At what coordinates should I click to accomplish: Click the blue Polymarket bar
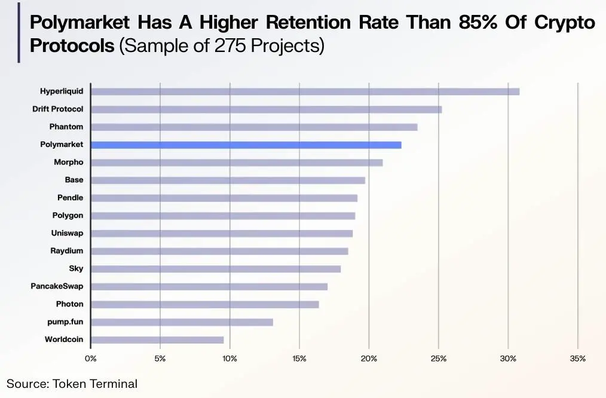pos(246,145)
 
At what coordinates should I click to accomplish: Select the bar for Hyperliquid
pos(305,91)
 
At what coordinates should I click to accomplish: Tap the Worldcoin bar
pos(157,339)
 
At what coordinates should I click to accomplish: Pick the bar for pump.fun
pos(182,322)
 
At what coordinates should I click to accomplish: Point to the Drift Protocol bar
pos(266,109)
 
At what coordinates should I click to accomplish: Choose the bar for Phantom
pos(254,127)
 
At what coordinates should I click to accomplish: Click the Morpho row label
pos(68,162)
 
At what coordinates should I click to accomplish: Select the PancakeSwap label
pos(57,286)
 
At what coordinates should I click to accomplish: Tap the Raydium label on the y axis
pos(66,251)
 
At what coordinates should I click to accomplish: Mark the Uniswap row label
pos(67,233)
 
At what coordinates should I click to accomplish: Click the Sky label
pos(76,268)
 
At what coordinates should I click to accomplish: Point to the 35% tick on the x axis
pos(577,359)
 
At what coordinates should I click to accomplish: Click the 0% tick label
pos(91,359)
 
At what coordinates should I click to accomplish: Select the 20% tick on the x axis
pos(369,359)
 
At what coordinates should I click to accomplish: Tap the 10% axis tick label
pos(229,359)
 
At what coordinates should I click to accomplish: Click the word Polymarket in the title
pos(80,23)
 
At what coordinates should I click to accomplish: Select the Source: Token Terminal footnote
pos(72,384)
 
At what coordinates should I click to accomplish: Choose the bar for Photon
pos(204,304)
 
